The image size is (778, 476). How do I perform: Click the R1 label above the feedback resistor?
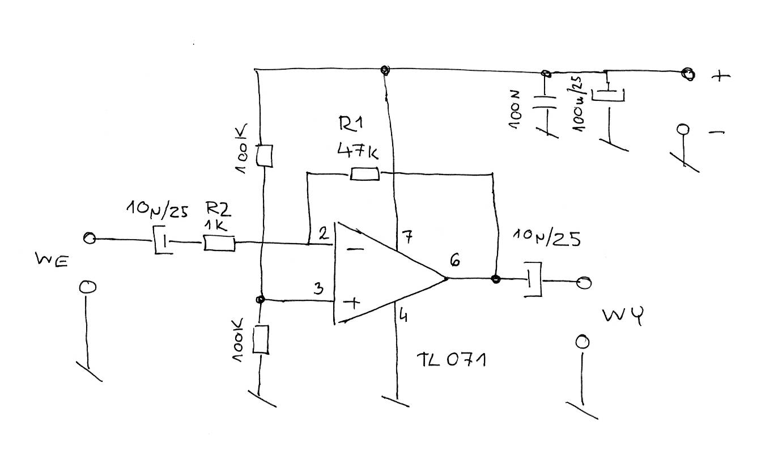pyautogui.click(x=350, y=124)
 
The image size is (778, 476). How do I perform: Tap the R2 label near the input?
pyautogui.click(x=218, y=209)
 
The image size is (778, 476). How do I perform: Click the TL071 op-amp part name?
pyautogui.click(x=451, y=360)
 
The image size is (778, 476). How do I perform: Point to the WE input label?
pyautogui.click(x=52, y=260)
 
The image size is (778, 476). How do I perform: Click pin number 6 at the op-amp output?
pyautogui.click(x=455, y=261)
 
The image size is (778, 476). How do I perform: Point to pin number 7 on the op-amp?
pyautogui.click(x=407, y=237)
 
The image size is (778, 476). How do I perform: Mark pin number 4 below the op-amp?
pyautogui.click(x=403, y=315)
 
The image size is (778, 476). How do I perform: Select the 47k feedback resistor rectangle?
pyautogui.click(x=364, y=174)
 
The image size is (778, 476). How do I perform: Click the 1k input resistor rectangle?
pyautogui.click(x=219, y=243)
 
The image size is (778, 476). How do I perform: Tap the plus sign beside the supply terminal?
pyautogui.click(x=721, y=75)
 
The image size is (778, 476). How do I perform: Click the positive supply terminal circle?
pyautogui.click(x=688, y=74)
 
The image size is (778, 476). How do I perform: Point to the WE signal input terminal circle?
pyautogui.click(x=90, y=238)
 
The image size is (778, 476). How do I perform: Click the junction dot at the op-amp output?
pyautogui.click(x=496, y=279)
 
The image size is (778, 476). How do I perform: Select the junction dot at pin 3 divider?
pyautogui.click(x=260, y=299)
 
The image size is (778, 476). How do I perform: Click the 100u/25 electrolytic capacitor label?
pyautogui.click(x=577, y=104)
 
